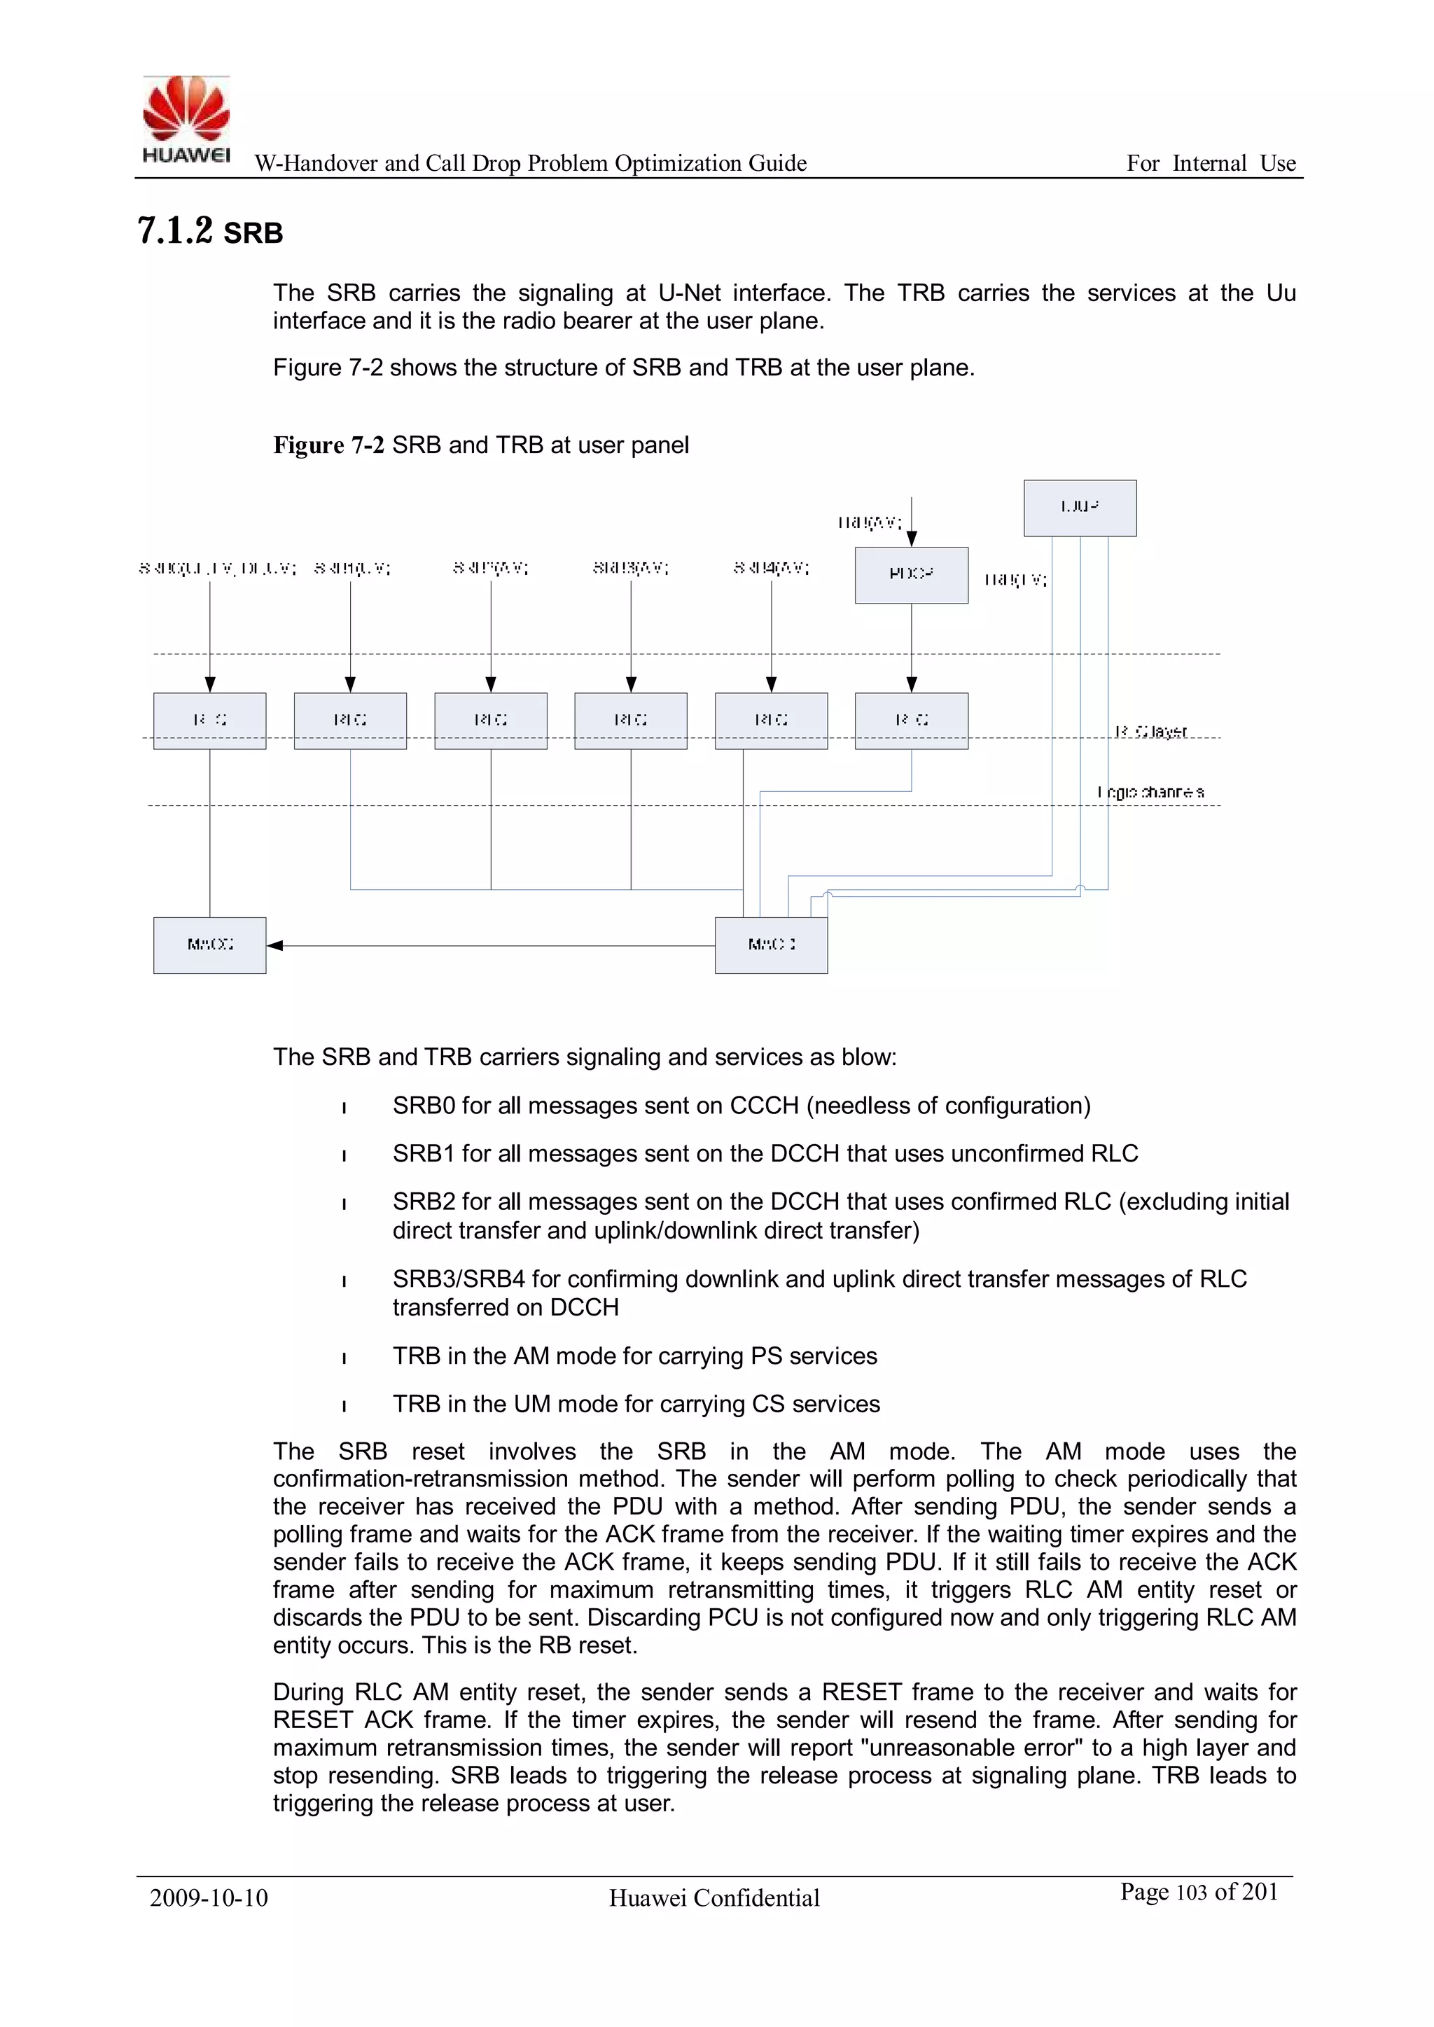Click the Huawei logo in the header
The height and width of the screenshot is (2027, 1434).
point(186,119)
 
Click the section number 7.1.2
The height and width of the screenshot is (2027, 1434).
point(175,231)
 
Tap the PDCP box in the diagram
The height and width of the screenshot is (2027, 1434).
point(911,575)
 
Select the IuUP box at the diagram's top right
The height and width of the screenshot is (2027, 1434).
point(1080,508)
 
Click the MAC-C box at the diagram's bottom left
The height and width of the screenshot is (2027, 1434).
point(209,945)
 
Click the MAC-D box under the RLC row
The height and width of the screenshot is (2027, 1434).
point(771,945)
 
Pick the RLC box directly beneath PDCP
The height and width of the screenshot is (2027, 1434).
point(911,720)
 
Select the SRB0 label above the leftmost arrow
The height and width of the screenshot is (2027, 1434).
point(217,569)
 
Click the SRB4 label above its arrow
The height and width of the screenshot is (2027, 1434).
point(771,569)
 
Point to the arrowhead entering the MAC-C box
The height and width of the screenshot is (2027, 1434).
point(274,945)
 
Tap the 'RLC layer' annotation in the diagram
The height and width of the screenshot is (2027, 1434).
point(1150,732)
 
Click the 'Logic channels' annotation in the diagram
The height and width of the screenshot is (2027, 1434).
point(1150,793)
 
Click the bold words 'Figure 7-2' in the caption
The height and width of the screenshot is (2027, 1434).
point(328,445)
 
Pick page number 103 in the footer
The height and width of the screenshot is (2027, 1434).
point(1191,1892)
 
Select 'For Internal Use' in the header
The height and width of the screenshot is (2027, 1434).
point(1210,163)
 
